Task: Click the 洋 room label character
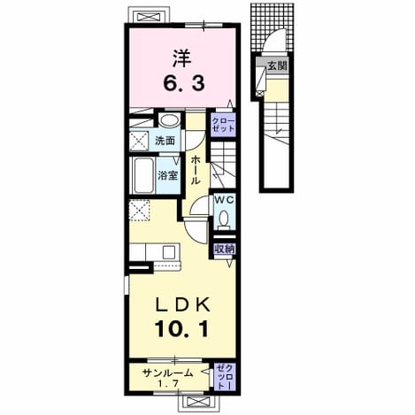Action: pyautogui.click(x=181, y=58)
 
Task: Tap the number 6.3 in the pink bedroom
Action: pyautogui.click(x=184, y=83)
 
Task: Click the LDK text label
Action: pyautogui.click(x=183, y=304)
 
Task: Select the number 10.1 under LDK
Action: pyautogui.click(x=182, y=328)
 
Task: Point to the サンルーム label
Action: pyautogui.click(x=167, y=373)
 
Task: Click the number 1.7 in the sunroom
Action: pyautogui.click(x=167, y=384)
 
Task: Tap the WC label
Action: pyautogui.click(x=224, y=200)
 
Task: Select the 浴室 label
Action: pyautogui.click(x=167, y=176)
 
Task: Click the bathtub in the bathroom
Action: pyautogui.click(x=143, y=175)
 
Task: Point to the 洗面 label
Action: pyautogui.click(x=165, y=141)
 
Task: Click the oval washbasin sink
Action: pyautogui.click(x=169, y=120)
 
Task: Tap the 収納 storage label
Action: pyautogui.click(x=225, y=250)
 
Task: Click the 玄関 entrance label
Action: pyautogui.click(x=277, y=66)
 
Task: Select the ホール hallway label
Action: pyautogui.click(x=195, y=171)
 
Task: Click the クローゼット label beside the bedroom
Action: pyautogui.click(x=223, y=125)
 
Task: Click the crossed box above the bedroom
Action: pyautogui.click(x=150, y=17)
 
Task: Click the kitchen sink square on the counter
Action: pyautogui.click(x=169, y=252)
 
